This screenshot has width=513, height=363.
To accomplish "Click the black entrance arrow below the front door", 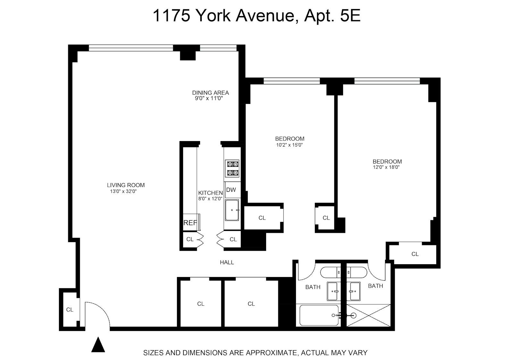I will pyautogui.click(x=98, y=345).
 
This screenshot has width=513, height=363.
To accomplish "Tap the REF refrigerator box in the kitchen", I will pyautogui.click(x=190, y=222).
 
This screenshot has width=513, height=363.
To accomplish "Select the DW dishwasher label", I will pyautogui.click(x=231, y=190).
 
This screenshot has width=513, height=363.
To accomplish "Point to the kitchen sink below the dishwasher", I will pyautogui.click(x=232, y=210).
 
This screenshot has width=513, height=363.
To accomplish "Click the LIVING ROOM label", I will pyautogui.click(x=126, y=185).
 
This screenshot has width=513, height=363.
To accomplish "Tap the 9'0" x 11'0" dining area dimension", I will pyautogui.click(x=209, y=99).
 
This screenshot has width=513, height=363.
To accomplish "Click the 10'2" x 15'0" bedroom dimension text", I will pyautogui.click(x=290, y=145).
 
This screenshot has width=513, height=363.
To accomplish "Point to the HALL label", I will pyautogui.click(x=227, y=262).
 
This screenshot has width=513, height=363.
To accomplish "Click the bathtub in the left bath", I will pyautogui.click(x=319, y=315).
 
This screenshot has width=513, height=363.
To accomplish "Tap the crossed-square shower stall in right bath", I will pyautogui.click(x=369, y=316).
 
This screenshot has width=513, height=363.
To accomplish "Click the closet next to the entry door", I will pyautogui.click(x=70, y=309).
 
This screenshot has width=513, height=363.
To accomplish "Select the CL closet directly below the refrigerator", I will pyautogui.click(x=190, y=239).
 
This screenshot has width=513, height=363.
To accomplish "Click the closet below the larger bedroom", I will pyautogui.click(x=415, y=254).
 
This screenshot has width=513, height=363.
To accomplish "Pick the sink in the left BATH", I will pyautogui.click(x=334, y=291).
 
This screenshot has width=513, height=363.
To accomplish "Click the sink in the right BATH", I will pyautogui.click(x=355, y=291).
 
